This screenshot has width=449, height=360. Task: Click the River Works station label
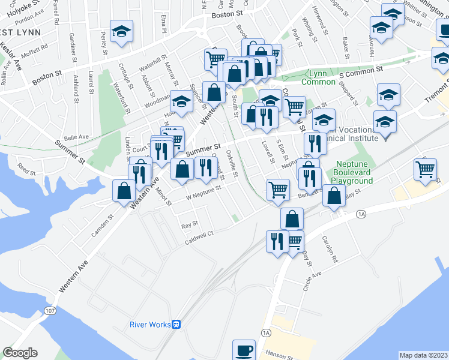[x=149, y=325]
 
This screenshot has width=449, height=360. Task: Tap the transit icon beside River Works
[x=176, y=325]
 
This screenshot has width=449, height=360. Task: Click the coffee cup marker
[x=244, y=350]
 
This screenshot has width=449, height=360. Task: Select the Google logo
[x=20, y=353]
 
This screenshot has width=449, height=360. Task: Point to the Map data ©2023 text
[x=423, y=355]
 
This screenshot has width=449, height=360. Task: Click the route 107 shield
[x=49, y=311]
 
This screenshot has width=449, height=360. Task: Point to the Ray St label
[x=190, y=226]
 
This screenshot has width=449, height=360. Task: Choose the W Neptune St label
[x=203, y=191]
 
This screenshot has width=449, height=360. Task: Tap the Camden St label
[x=102, y=225]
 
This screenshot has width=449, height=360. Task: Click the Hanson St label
[x=280, y=356]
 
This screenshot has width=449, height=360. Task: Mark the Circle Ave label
[x=312, y=278]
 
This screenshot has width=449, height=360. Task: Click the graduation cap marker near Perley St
[x=122, y=32]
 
